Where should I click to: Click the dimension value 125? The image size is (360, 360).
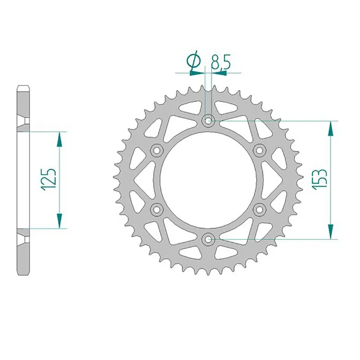[49, 180]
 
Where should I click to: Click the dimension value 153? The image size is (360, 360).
[319, 180]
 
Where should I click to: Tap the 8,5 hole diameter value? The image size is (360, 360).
[220, 62]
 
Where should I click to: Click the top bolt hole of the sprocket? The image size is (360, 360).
[208, 121]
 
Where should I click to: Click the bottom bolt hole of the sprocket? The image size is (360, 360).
[208, 239]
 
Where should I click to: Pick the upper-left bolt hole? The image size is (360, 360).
[157, 150]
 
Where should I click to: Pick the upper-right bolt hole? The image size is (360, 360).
[260, 150]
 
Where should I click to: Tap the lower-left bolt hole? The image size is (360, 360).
[157, 209]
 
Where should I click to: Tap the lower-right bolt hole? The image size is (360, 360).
[260, 209]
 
